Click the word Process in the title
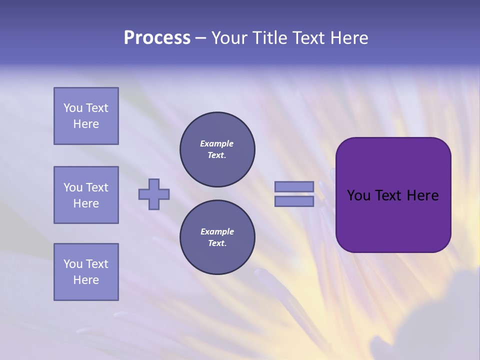(157, 38)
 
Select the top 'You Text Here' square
(86, 116)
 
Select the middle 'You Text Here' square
(86, 195)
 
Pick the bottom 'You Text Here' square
(86, 272)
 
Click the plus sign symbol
(154, 194)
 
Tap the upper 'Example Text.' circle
(217, 149)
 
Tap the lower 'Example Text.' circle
(217, 237)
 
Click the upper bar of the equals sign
(294, 186)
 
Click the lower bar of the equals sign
(294, 201)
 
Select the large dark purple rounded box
(393, 220)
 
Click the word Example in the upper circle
(217, 143)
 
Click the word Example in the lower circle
(217, 231)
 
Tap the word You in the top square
(72, 108)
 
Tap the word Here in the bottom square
(86, 280)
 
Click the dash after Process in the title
(200, 38)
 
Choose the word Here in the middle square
(86, 203)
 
